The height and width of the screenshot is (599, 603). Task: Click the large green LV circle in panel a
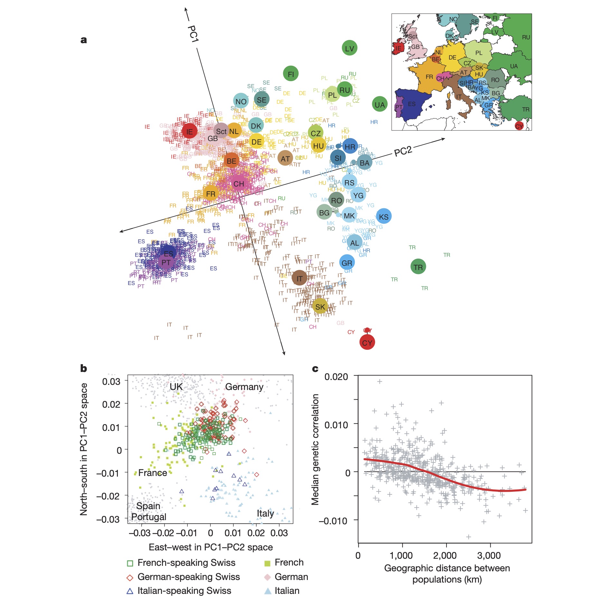coord(349,48)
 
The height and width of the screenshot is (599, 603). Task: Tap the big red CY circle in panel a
coord(367,342)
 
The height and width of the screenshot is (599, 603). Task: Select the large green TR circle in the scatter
coord(418,267)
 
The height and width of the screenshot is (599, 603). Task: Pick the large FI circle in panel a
coord(291,74)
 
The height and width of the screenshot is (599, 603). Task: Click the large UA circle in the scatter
coord(380,104)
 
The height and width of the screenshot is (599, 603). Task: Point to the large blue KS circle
coord(384,216)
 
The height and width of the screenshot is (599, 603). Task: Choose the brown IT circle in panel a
coord(299,278)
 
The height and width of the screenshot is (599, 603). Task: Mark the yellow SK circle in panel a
coord(320,307)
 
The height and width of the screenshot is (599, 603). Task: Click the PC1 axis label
coord(193,34)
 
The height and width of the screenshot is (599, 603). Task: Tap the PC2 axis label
coord(403,151)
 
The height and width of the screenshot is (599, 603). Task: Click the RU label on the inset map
coord(526,37)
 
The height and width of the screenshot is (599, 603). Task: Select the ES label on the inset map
coord(411,104)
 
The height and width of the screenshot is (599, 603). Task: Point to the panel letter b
coord(84,368)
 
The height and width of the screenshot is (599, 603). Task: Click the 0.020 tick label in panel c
coord(336,376)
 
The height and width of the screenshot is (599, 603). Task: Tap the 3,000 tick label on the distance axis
coord(489,555)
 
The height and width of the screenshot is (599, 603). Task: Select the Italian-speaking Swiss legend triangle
coord(130,591)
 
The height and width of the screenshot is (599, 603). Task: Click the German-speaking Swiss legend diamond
coord(130,577)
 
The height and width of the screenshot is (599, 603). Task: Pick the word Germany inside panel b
coord(244,386)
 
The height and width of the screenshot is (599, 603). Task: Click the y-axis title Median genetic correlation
coord(315,449)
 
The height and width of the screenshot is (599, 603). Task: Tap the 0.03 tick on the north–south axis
coord(111,381)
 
